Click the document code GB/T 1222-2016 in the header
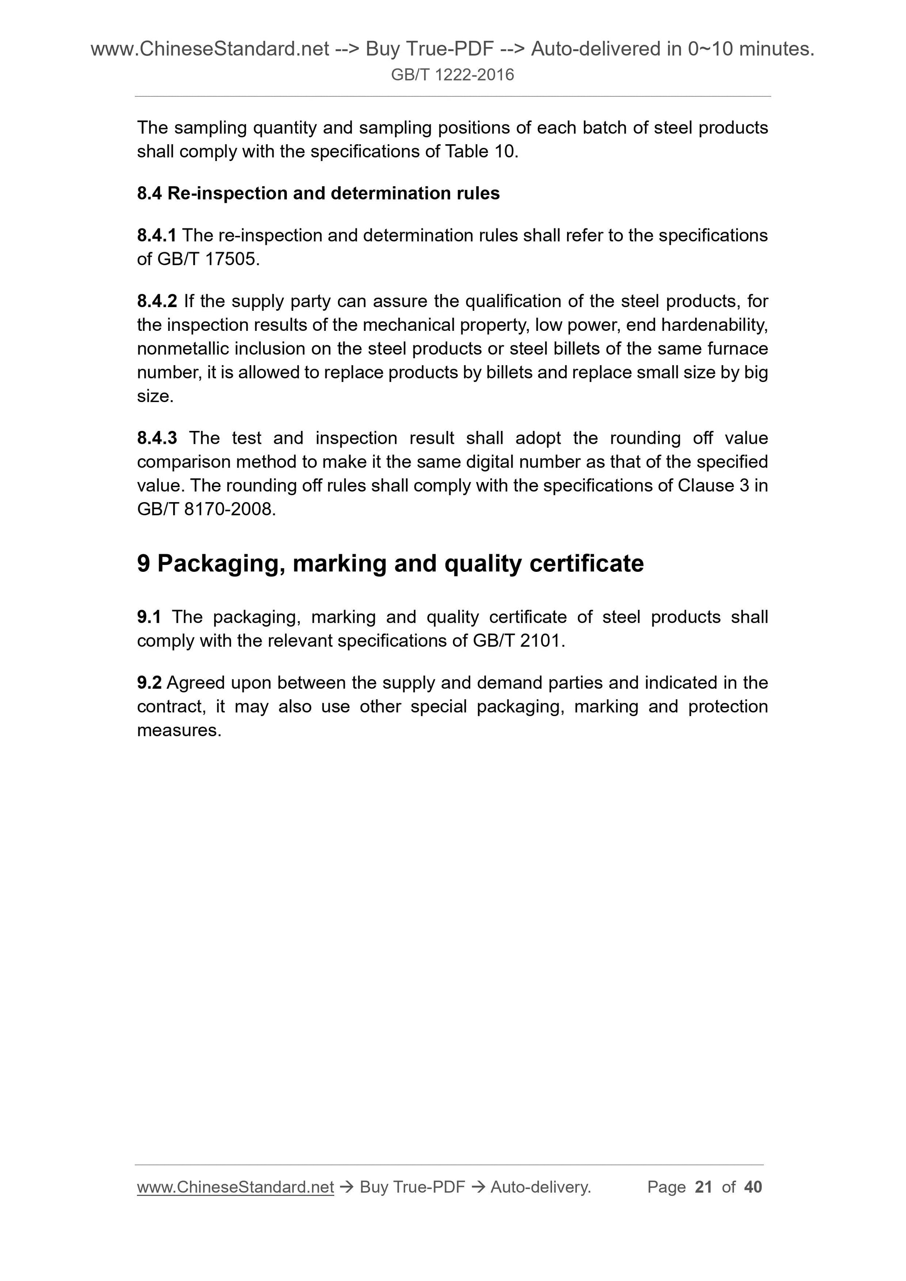click(452, 75)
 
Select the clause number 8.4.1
click(156, 235)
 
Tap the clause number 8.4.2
click(156, 301)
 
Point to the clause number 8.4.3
click(156, 438)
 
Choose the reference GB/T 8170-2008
click(206, 510)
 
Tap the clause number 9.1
click(149, 617)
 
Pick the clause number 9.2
click(149, 683)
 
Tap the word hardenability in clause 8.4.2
click(714, 325)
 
